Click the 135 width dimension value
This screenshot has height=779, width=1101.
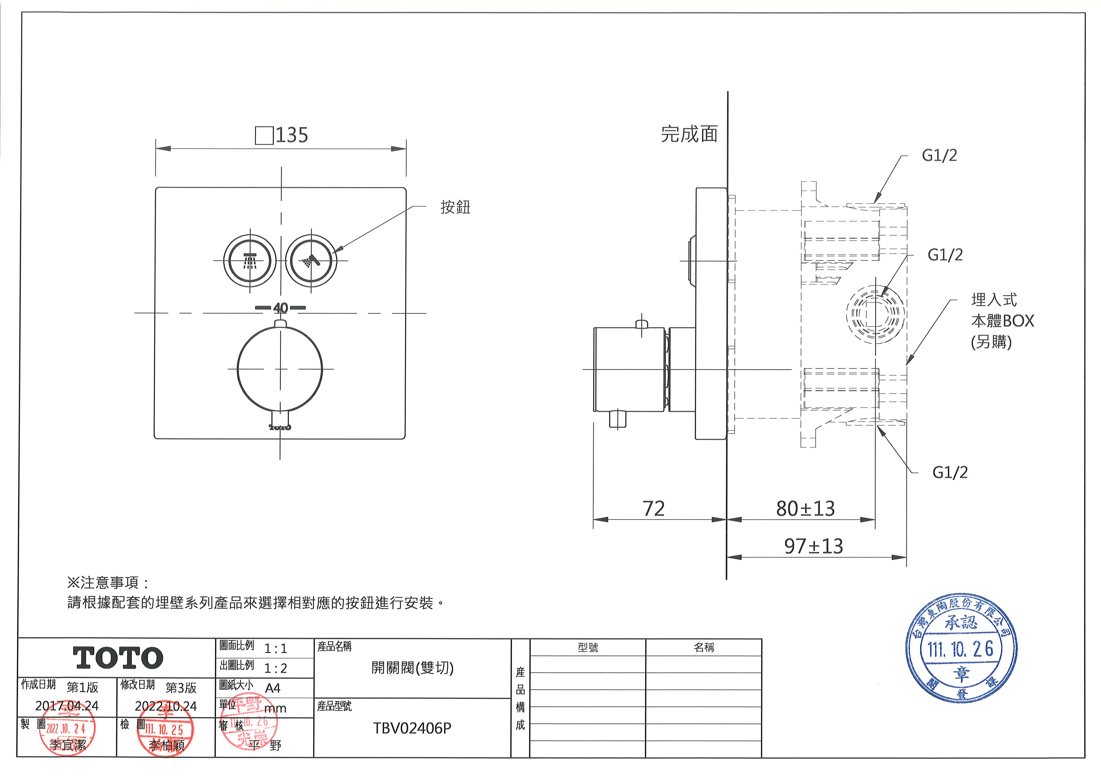point(291,135)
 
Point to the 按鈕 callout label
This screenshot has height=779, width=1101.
point(455,207)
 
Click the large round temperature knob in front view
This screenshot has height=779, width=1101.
point(280,369)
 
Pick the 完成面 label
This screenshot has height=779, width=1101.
point(689,134)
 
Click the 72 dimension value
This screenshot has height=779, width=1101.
point(654,509)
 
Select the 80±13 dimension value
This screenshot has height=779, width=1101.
point(805,509)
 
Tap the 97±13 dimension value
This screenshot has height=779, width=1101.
point(813,546)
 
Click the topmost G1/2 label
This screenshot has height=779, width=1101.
point(939,155)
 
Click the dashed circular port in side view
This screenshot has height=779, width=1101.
point(875,314)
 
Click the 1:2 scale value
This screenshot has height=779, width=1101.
point(276,668)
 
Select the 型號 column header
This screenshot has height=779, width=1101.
point(588,648)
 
